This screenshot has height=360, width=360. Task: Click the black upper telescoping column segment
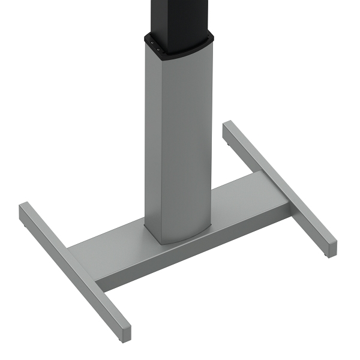pos(177,15)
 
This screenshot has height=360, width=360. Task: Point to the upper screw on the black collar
pos(152,43)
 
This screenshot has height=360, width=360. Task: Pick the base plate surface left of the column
pos(114,246)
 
